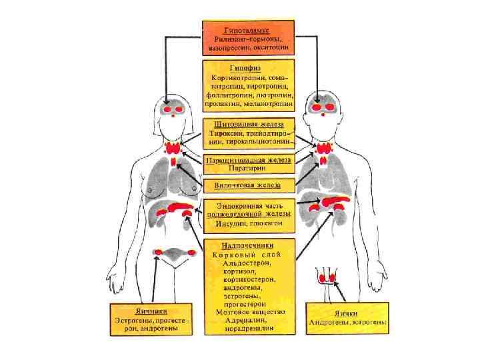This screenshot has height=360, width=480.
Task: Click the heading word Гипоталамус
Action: [x=247, y=31]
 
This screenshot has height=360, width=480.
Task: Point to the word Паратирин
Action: [x=248, y=170]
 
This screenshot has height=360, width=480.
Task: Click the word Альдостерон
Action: [x=248, y=263]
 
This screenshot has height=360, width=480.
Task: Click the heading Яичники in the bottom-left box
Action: [x=152, y=311]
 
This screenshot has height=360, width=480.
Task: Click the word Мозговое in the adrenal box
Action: [x=231, y=311]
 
